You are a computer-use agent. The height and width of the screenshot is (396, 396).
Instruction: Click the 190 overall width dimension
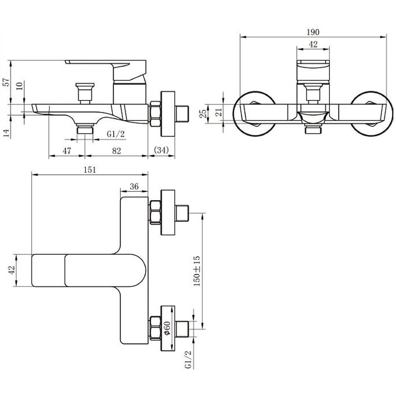313,32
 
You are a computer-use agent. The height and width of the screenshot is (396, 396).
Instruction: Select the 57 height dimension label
7,82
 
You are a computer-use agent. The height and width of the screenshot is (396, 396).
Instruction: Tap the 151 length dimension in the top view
90,170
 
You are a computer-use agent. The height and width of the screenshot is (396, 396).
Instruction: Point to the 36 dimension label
134,186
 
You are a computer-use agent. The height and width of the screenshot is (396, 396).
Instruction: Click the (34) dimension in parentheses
161,150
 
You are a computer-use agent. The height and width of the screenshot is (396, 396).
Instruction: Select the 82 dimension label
116,151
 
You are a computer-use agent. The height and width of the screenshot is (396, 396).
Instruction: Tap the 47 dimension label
67,151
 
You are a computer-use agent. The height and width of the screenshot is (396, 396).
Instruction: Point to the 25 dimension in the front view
203,114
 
